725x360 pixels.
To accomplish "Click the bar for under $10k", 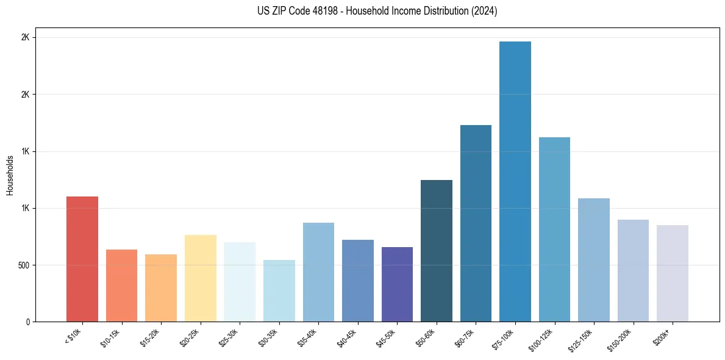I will [82, 259].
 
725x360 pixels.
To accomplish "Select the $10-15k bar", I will [121, 286].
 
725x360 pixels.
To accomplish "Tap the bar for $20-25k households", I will [200, 278].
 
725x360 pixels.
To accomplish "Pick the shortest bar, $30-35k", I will [279, 291].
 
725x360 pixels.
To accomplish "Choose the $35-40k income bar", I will [318, 272].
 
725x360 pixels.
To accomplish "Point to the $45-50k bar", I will [397, 284].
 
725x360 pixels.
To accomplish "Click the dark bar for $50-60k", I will [437, 251].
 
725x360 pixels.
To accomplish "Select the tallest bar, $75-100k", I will [515, 182].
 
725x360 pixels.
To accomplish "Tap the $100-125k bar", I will [554, 229].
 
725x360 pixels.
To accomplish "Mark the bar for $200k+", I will [673, 273].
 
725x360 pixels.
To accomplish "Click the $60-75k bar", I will [476, 223].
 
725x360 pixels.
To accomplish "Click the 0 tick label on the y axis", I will [27, 322].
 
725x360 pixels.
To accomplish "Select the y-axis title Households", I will [10, 175].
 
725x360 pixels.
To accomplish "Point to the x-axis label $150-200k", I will [622, 338].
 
